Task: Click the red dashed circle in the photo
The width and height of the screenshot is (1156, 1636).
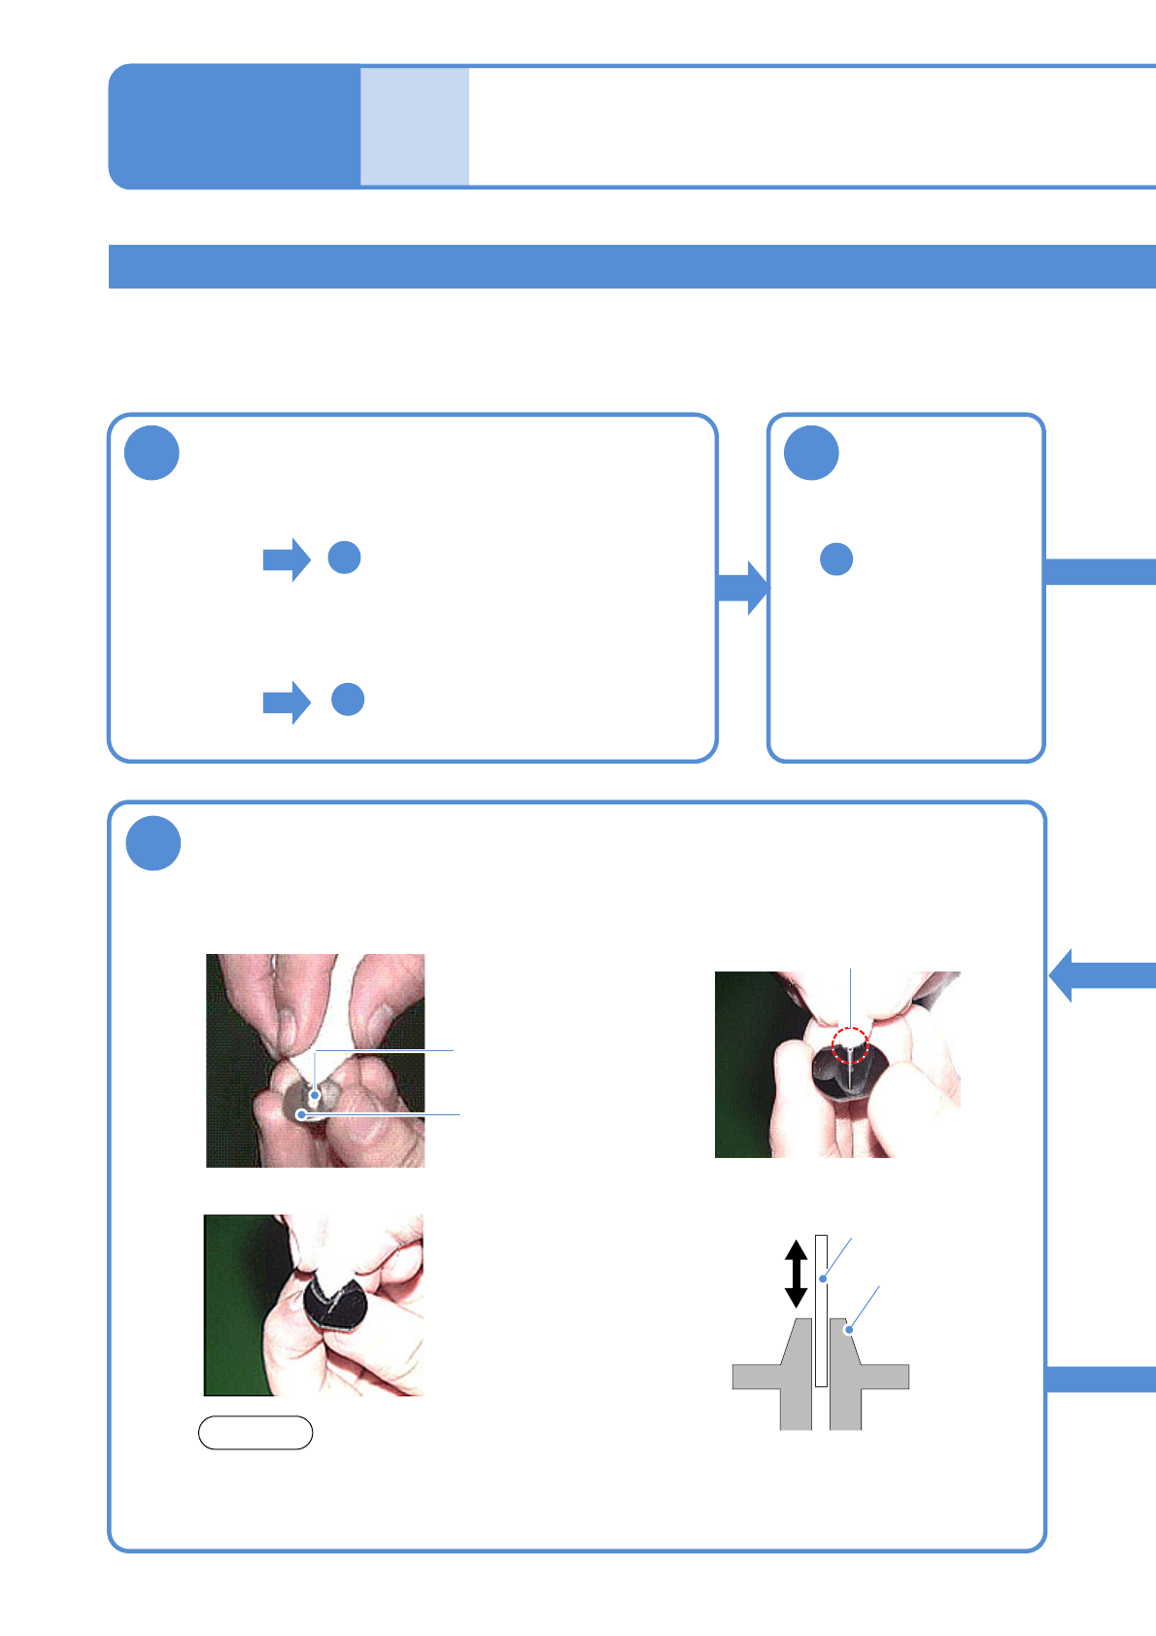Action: (x=850, y=1045)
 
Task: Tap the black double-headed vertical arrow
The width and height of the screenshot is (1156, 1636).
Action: (x=796, y=1274)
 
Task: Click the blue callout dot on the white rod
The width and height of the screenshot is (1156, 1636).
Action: (x=822, y=1278)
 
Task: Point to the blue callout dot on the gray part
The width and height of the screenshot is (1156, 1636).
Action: (x=849, y=1329)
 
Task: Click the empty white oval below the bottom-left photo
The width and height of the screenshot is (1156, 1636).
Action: (x=255, y=1433)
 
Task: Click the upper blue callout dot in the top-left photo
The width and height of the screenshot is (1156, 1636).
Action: (x=315, y=1095)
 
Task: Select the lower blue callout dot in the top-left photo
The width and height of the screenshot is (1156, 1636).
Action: (x=302, y=1114)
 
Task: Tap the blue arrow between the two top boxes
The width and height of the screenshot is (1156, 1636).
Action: (x=742, y=587)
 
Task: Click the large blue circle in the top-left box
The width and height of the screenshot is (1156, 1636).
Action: (x=153, y=454)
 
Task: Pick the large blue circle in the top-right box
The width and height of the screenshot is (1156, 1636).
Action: (x=811, y=454)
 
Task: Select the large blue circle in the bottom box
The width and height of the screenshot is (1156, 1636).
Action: (x=153, y=843)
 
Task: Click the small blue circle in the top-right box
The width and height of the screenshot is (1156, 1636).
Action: (x=836, y=559)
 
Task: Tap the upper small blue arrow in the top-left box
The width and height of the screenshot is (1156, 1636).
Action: (x=287, y=560)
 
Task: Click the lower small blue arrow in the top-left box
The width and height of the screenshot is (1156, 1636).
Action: (x=287, y=702)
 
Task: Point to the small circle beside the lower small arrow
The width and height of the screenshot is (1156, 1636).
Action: (x=348, y=699)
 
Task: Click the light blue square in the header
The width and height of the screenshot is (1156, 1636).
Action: (x=415, y=126)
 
